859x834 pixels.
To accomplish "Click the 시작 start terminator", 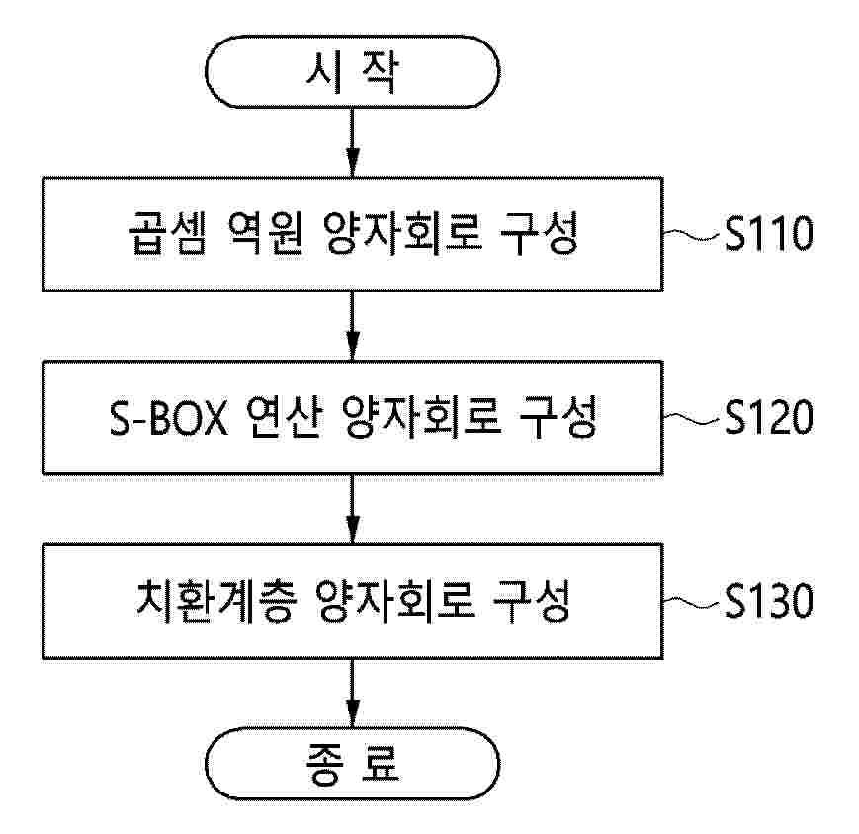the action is [352, 71].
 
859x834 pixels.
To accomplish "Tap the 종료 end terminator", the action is [352, 764].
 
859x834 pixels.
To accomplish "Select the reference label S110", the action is [769, 234].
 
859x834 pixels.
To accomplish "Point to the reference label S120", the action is [769, 417].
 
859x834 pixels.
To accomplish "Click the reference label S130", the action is [769, 601].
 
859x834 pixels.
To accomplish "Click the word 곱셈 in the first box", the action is [168, 234].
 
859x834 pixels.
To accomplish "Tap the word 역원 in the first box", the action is [265, 234].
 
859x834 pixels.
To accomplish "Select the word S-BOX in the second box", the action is [169, 417].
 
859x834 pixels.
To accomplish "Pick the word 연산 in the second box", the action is [284, 417].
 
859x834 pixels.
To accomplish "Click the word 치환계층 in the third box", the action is [216, 601].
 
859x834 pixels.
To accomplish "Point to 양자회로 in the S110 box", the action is [402, 234].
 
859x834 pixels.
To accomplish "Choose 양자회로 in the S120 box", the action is [421, 417].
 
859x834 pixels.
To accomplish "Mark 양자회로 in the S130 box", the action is [396, 601].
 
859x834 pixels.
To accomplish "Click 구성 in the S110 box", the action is [540, 234].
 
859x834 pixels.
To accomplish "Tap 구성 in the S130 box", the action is [532, 601].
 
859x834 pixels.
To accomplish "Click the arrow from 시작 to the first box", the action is [353, 142].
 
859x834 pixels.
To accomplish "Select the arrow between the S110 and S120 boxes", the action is [353, 325].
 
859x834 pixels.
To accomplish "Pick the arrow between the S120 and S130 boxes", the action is [353, 509].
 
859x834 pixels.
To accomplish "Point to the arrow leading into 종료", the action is [353, 693].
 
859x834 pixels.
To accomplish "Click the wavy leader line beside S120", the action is [691, 418].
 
